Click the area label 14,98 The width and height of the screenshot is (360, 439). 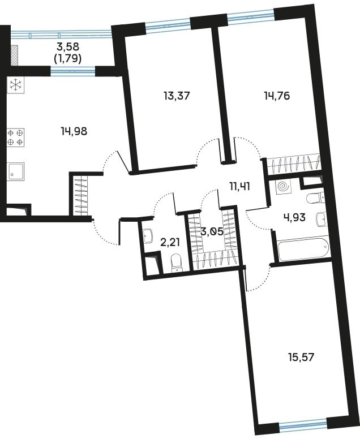point(74,131)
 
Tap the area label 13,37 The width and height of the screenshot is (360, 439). point(176,96)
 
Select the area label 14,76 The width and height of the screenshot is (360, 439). point(277,96)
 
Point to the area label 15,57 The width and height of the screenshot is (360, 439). point(300,357)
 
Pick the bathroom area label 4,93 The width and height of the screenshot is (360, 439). point(294,217)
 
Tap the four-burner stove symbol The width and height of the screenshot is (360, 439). point(16,137)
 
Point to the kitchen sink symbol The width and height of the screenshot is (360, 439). point(16,170)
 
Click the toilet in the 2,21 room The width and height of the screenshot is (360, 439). point(176,262)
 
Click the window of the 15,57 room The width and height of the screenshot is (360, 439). point(303,423)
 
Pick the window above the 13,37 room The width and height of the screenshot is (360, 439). point(167,24)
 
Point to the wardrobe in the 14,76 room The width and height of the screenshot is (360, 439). point(293,164)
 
